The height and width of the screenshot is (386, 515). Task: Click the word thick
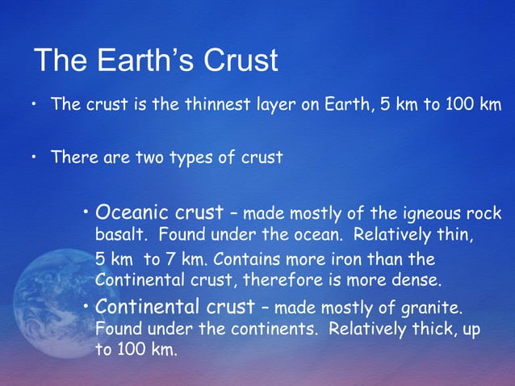[x=437, y=330]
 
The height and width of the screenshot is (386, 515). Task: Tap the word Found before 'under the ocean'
[x=182, y=237]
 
